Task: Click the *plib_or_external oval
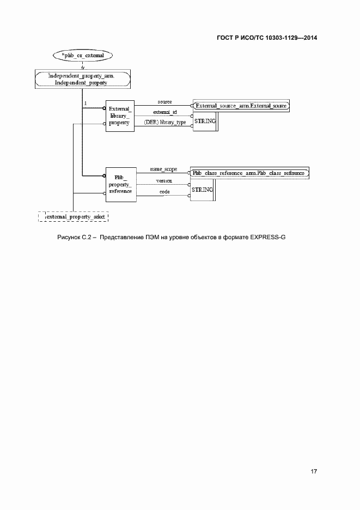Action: coord(82,56)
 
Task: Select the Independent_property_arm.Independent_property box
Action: coord(82,80)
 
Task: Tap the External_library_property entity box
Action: coord(119,116)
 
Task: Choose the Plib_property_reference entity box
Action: coord(120,184)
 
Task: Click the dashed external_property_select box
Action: coord(74,217)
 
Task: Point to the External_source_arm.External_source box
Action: coord(241,105)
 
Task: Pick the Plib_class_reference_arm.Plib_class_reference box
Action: coord(249,173)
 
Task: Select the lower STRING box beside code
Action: coord(202,190)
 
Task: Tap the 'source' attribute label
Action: coord(165,102)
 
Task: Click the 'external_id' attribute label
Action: coord(164,112)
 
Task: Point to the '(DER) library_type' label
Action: coord(165,123)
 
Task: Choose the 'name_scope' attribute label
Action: coord(163,169)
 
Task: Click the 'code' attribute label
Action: coord(164,192)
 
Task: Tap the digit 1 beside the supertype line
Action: coord(86,103)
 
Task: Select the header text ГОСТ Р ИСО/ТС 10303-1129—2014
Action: coord(266,38)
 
